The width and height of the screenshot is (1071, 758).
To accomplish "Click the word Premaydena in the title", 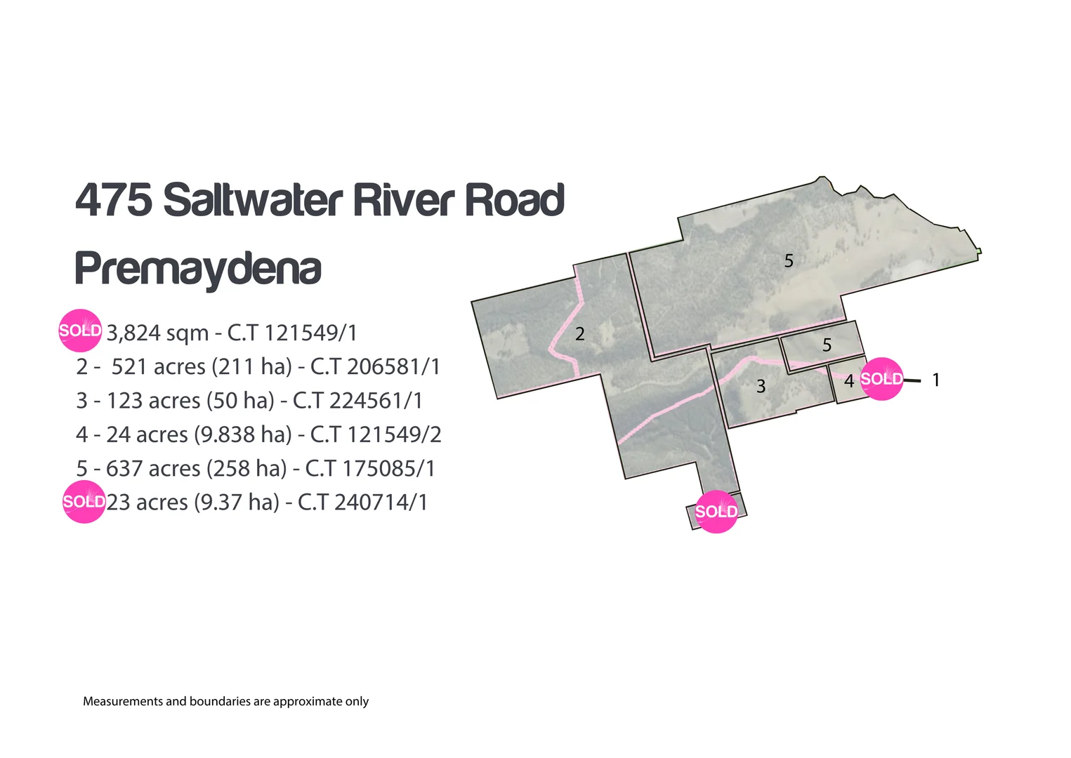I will coord(198,269).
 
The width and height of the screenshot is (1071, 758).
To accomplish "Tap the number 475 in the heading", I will coord(113,200).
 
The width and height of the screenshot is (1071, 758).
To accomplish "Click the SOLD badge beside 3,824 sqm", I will coord(80,330).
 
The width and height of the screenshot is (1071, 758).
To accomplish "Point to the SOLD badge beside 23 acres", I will coord(84,502).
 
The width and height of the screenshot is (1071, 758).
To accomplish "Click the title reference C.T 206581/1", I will coord(375,366).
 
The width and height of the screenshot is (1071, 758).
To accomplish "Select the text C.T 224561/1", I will coord(357,401).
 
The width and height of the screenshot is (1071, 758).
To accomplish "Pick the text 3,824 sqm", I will coord(157,333).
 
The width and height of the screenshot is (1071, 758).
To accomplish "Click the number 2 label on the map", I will coord(579,333).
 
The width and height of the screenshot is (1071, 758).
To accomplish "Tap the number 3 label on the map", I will coord(761,386).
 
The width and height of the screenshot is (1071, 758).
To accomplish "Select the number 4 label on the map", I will coord(848,381).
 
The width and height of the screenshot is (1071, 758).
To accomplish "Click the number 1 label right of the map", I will coord(935,380).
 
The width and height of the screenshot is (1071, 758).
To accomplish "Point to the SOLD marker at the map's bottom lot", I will coord(716,512).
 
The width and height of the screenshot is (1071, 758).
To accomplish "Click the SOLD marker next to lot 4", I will coord(881,379).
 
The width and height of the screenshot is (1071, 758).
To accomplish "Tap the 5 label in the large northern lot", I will coord(789,261).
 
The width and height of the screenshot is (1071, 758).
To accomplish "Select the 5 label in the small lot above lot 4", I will coord(827,345).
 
